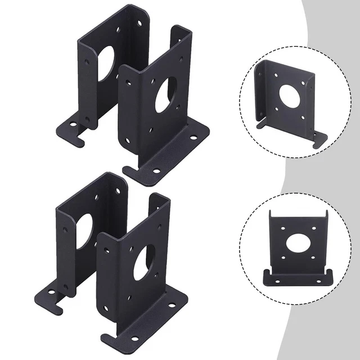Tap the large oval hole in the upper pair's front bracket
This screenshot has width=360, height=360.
click(165, 93)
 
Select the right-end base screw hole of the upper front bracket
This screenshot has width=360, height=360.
click(193, 137)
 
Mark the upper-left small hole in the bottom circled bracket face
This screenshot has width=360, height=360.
click(280, 228)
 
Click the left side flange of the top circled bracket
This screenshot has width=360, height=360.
click(261, 93)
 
